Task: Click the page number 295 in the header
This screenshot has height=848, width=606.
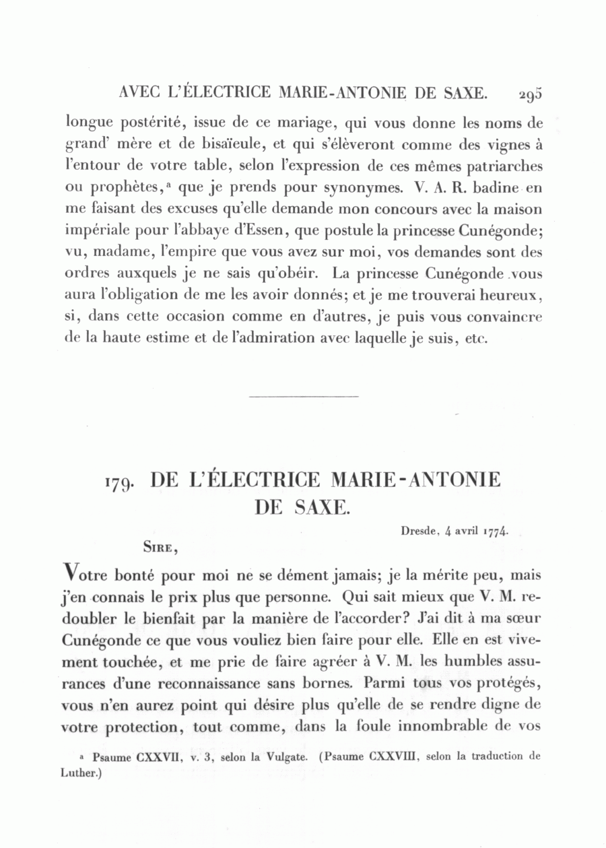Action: [x=530, y=94]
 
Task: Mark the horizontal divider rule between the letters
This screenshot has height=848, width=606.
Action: [x=304, y=396]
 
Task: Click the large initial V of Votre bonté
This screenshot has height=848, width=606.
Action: [x=69, y=578]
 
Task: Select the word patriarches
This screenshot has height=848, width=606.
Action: [x=500, y=166]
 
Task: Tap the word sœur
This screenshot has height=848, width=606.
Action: [x=525, y=619]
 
